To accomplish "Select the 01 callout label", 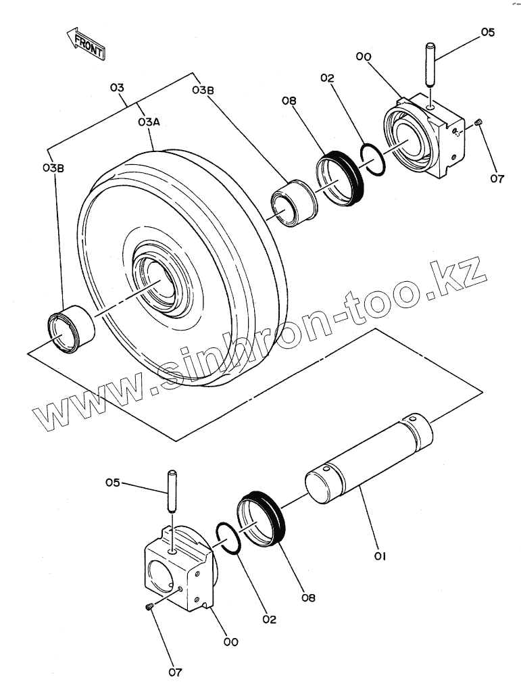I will click(x=379, y=556).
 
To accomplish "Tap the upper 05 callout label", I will click(x=488, y=32).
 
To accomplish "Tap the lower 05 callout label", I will click(x=113, y=482).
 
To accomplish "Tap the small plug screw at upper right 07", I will click(x=479, y=122).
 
